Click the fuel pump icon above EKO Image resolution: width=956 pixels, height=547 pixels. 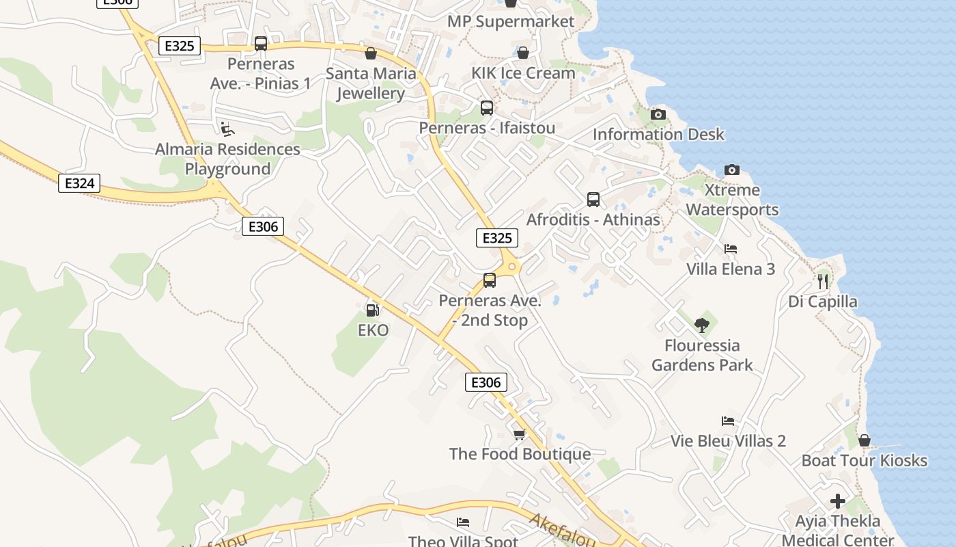click(372, 310)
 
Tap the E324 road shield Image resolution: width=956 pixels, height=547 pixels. click(79, 183)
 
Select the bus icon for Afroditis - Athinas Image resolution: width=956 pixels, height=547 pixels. click(593, 200)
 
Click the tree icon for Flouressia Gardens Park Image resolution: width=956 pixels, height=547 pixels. click(701, 325)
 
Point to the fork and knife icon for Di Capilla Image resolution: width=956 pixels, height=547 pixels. click(823, 281)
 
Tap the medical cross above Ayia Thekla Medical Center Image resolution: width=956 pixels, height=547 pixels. click(838, 501)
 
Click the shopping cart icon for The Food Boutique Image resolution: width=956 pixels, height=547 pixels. click(520, 434)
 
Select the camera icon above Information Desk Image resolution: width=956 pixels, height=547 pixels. click(658, 114)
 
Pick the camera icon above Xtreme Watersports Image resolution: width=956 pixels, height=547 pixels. click(731, 170)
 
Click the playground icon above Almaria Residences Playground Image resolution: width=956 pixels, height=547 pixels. click(227, 129)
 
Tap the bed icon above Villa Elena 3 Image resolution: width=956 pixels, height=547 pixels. click(731, 249)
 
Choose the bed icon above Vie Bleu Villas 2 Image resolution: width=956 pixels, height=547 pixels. click(728, 421)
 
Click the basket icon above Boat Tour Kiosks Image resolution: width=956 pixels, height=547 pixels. click(864, 440)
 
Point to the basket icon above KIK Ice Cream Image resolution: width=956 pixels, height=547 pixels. click(523, 53)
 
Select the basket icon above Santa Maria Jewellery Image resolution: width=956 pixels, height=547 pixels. click(371, 53)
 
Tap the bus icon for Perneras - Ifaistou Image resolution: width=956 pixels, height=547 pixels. click(487, 107)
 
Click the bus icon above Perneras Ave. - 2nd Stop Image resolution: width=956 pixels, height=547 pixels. click(490, 280)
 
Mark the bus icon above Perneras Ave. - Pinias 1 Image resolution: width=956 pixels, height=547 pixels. click(261, 44)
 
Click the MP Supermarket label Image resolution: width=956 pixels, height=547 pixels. click(511, 21)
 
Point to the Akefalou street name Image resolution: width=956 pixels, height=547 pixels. click(562, 530)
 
